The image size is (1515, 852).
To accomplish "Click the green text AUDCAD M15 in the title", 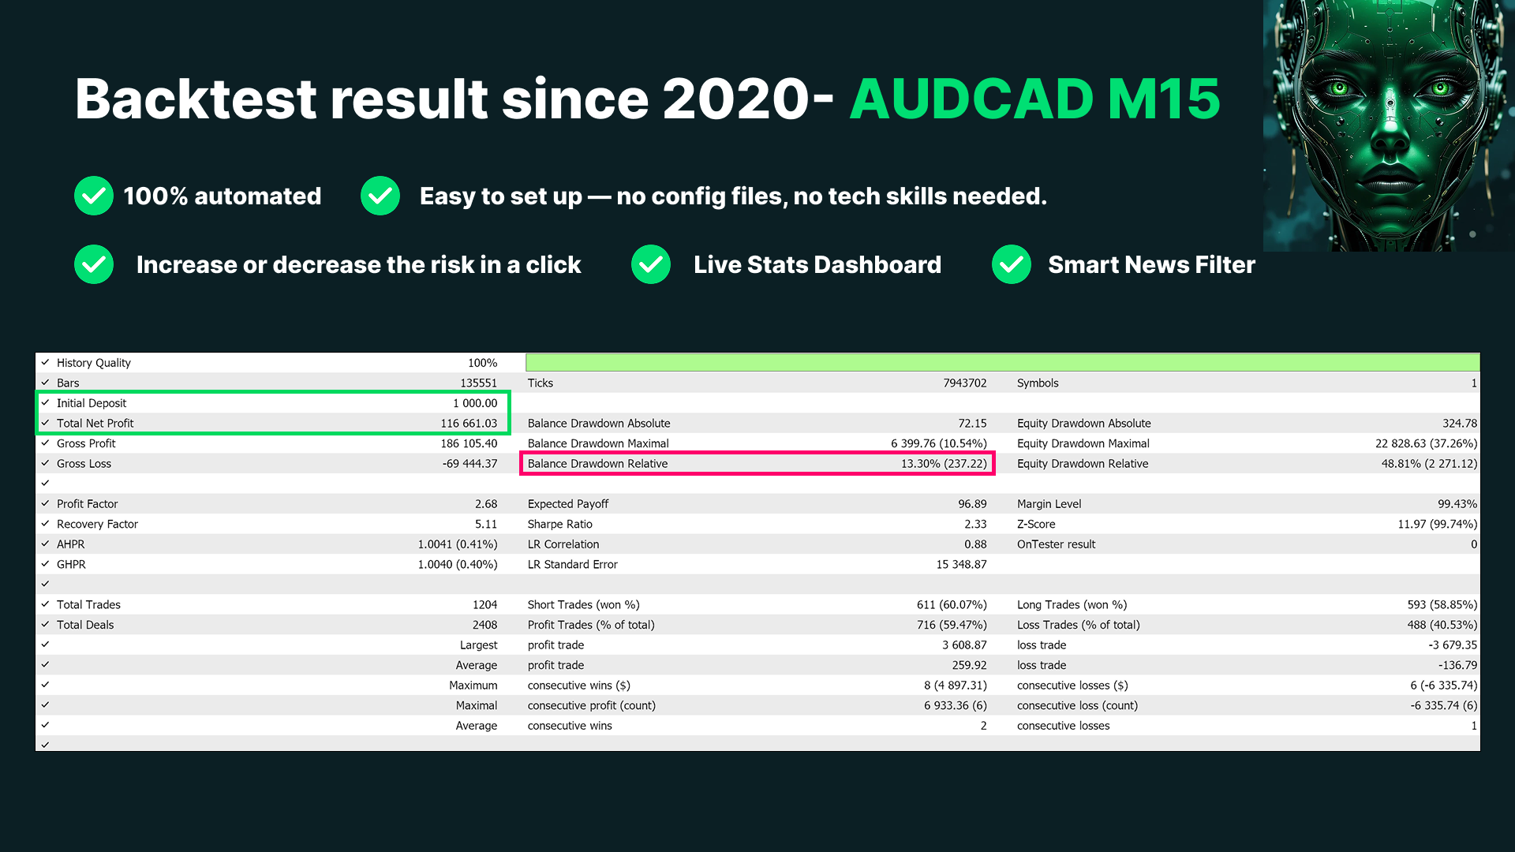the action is (x=1035, y=99).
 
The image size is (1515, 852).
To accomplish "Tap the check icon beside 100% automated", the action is (x=94, y=196).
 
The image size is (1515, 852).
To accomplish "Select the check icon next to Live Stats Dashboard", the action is (x=651, y=264).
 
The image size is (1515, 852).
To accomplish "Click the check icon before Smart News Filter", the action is (x=1012, y=264).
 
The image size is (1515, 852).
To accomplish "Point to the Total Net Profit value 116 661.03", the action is (x=469, y=424).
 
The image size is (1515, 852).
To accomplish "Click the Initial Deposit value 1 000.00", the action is (x=475, y=403).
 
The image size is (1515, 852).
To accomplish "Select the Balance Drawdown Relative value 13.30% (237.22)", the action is (x=944, y=464).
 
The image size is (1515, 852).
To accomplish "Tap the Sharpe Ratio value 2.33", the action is (x=975, y=524).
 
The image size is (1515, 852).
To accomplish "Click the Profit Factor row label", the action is (x=87, y=504).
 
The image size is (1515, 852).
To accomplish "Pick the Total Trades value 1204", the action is (x=484, y=605).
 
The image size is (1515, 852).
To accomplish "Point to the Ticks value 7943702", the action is (x=965, y=383).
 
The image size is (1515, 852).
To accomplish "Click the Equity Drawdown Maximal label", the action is (x=1083, y=443).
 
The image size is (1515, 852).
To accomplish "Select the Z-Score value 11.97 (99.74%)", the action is (x=1437, y=524).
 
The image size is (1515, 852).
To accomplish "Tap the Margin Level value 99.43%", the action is (x=1457, y=504).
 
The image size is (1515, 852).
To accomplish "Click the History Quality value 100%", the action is (x=482, y=363).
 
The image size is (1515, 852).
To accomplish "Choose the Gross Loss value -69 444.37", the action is (x=469, y=464).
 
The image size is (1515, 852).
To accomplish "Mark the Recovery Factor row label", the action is (x=97, y=524).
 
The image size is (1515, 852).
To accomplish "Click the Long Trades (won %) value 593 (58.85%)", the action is (x=1442, y=605).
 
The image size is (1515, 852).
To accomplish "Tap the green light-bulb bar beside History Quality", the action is (x=1002, y=363).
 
